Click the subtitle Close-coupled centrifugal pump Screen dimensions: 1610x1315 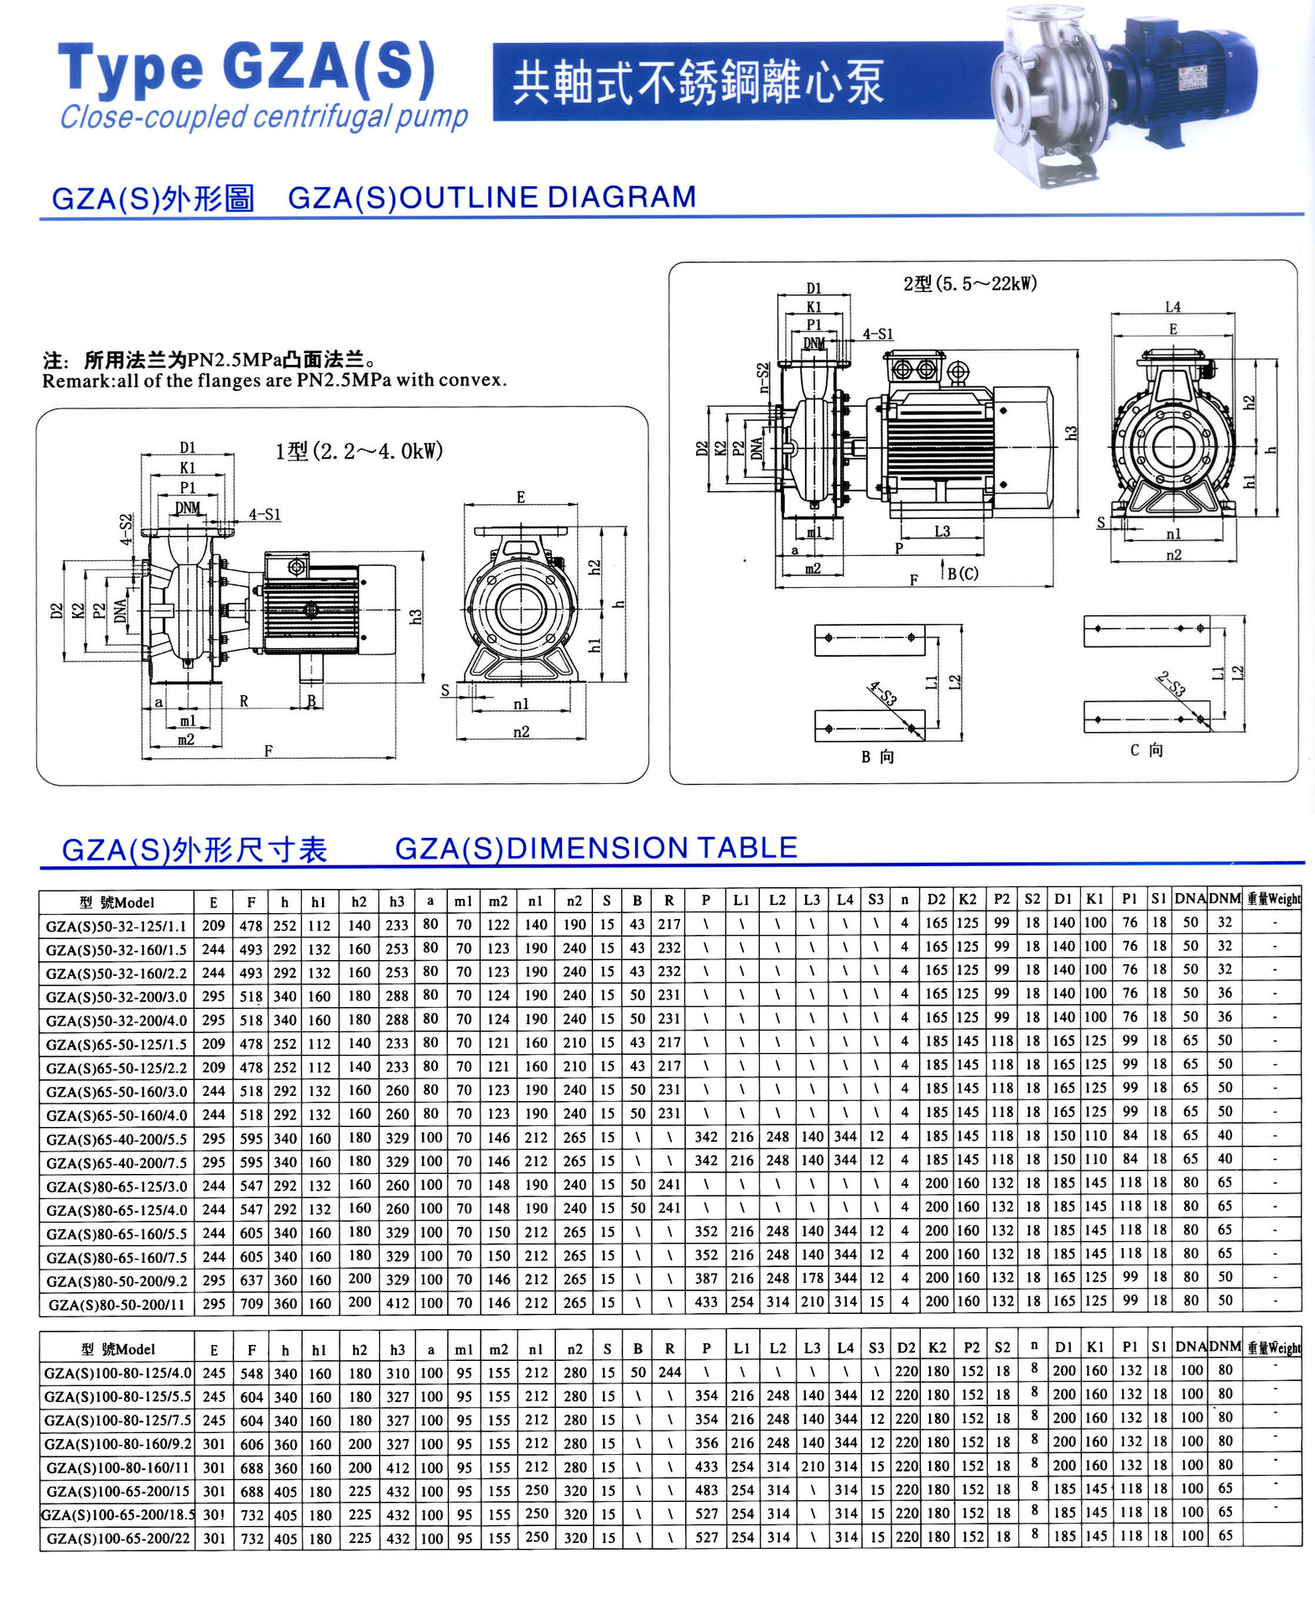(x=263, y=117)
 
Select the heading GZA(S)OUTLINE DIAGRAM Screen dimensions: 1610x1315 (x=492, y=198)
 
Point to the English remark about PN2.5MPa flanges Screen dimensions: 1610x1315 (x=274, y=381)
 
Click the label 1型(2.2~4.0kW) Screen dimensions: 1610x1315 (x=359, y=451)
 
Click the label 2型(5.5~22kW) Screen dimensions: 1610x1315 (x=969, y=283)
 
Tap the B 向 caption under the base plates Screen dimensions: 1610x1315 (x=877, y=756)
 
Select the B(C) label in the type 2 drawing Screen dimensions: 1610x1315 (x=962, y=574)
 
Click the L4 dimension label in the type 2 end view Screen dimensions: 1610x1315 (x=1172, y=307)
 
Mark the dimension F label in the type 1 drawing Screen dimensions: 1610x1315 (x=268, y=750)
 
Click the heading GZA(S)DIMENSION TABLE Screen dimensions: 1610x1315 (x=595, y=848)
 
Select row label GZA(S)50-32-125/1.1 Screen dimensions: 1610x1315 (x=117, y=926)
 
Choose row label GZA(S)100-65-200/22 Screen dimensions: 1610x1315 (x=118, y=1539)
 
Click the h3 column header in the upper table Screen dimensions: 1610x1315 (x=397, y=901)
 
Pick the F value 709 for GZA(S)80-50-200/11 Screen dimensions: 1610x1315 (x=252, y=1303)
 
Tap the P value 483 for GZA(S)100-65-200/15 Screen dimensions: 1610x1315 (x=706, y=1490)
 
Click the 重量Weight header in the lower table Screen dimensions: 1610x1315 (x=1274, y=1348)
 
